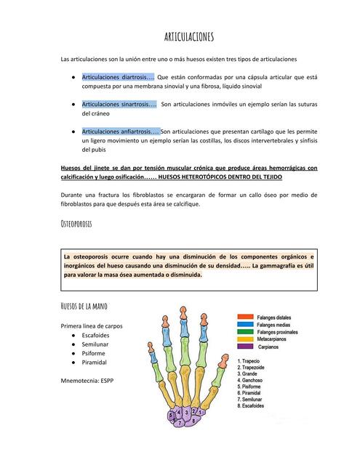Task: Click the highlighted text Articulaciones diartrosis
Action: click(x=117, y=76)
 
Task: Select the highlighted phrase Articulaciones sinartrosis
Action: click(x=119, y=104)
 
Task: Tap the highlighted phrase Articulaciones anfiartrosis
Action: click(x=120, y=132)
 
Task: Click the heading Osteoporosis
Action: click(x=76, y=225)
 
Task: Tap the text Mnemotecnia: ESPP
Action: click(x=87, y=380)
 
